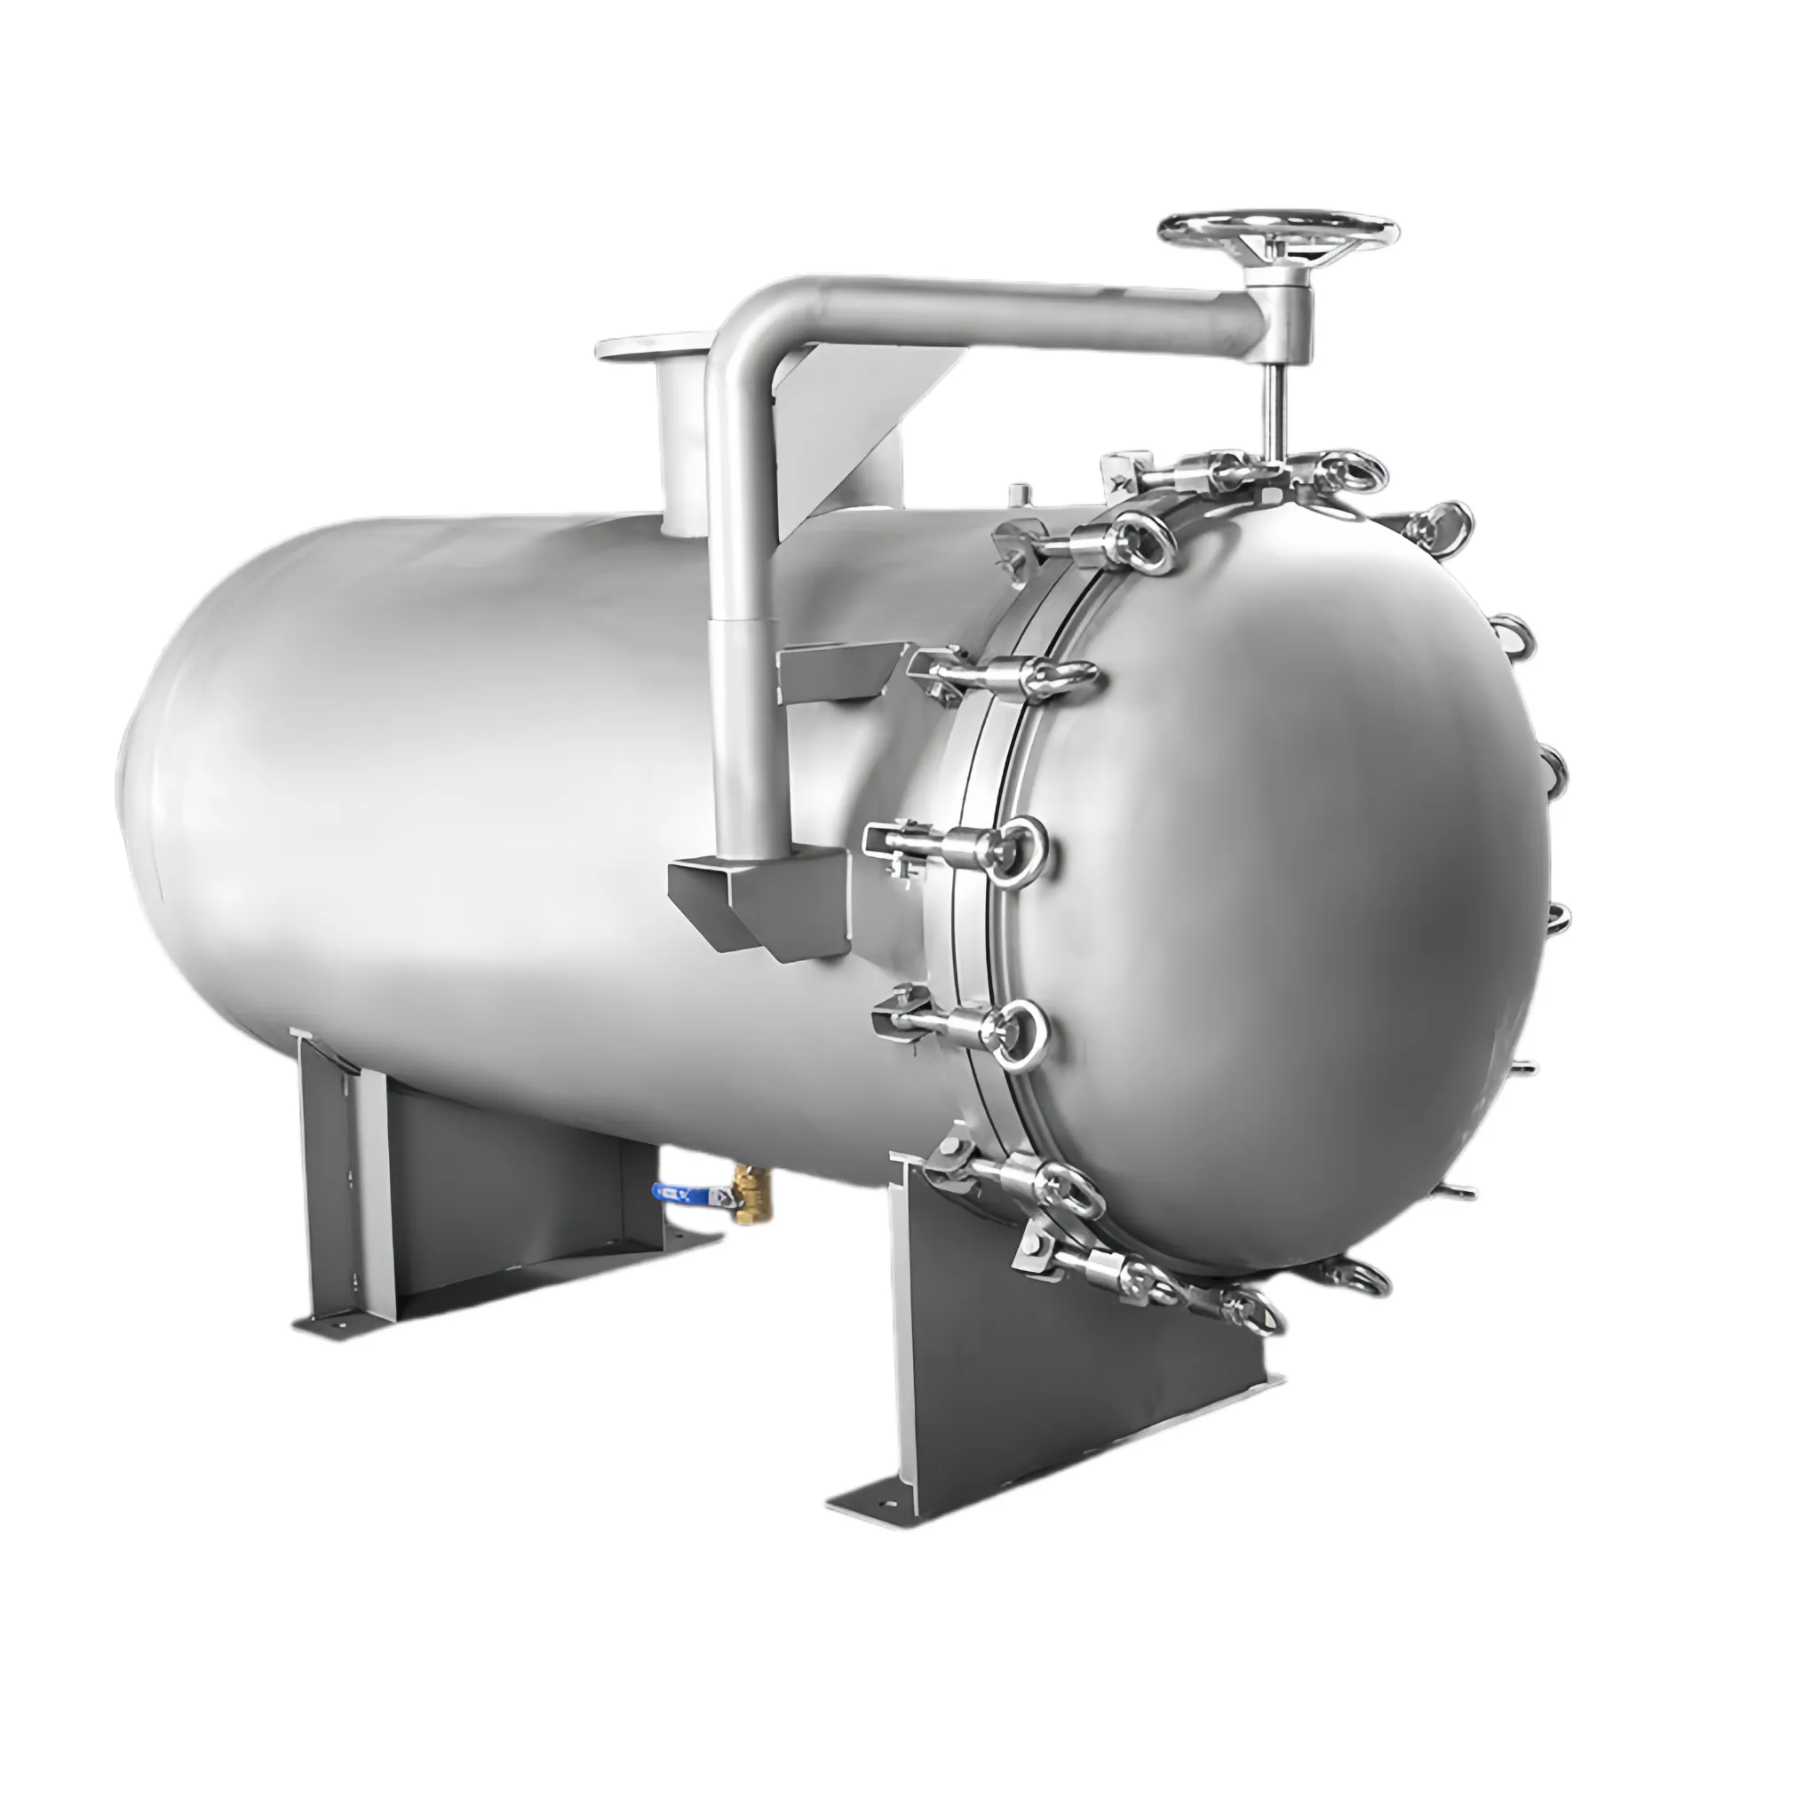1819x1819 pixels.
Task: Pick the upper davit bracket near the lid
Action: (x=838, y=671)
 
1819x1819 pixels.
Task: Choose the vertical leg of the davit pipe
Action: (x=743, y=659)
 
